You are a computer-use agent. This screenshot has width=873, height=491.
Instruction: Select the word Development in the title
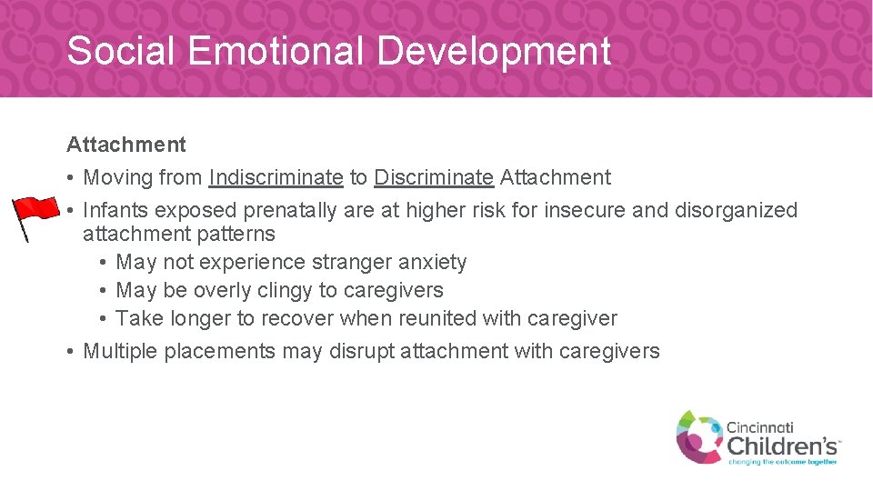[x=494, y=51]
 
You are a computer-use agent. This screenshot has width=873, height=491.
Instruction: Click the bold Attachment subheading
[x=125, y=145]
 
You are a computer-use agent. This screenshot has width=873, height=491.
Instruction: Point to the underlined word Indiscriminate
[x=276, y=178]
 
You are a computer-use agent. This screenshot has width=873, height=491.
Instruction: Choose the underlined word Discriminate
[x=434, y=178]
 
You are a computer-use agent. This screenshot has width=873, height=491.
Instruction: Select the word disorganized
[x=736, y=211]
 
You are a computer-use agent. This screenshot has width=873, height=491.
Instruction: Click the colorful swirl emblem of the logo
[x=698, y=436]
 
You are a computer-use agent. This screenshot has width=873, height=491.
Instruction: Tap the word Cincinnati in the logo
[x=759, y=426]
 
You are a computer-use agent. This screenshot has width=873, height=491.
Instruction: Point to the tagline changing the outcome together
[x=783, y=461]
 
